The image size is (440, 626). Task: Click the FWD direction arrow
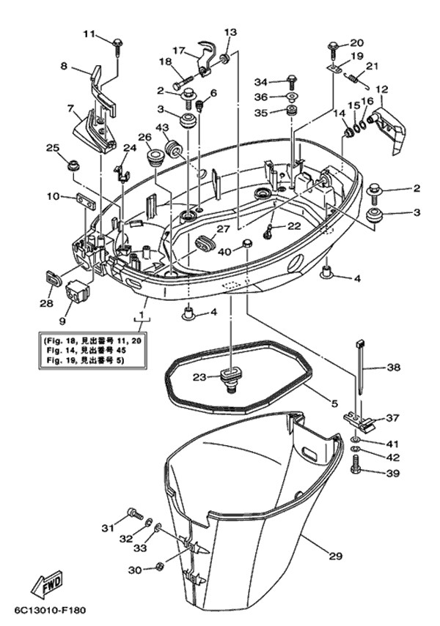45,586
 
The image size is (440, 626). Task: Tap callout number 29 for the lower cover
335,556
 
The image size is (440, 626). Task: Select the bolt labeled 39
356,463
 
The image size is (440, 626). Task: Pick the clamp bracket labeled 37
359,420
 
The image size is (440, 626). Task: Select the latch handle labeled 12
386,130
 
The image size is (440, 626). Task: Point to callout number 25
53,149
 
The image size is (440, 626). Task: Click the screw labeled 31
133,513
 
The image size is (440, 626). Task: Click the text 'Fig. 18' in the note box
57,340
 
